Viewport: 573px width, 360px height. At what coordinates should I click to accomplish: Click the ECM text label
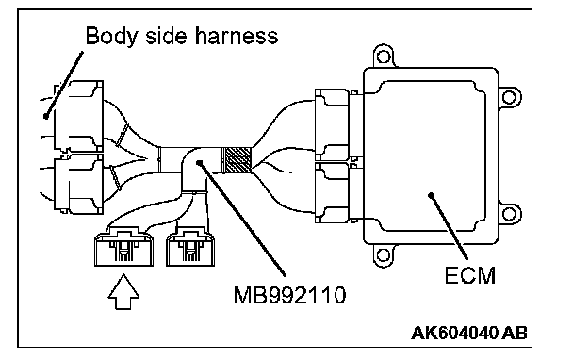(470, 275)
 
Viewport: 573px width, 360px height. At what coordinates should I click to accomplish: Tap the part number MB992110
(289, 295)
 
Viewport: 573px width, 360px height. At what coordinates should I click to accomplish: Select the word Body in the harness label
(111, 37)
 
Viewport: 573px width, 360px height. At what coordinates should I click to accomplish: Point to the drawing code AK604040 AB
(469, 333)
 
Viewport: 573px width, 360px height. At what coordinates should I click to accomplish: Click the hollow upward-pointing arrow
(123, 292)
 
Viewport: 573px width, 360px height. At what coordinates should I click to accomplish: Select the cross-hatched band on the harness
(237, 160)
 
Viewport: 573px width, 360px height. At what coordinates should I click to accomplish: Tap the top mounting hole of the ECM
(383, 57)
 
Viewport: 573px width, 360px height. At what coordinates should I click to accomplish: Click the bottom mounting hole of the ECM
(383, 254)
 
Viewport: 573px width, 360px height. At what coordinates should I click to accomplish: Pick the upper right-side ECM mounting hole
(509, 97)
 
